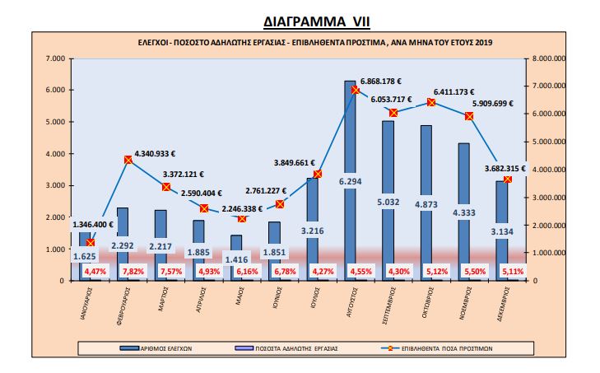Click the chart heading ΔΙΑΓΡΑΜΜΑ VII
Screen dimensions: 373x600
300,19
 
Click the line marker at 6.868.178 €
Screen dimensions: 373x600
356,90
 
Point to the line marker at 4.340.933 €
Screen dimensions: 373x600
128,160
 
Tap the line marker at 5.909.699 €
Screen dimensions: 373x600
470,116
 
